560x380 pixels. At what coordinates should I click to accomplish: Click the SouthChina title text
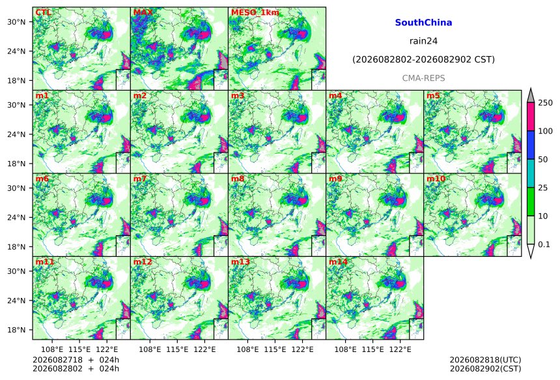point(423,23)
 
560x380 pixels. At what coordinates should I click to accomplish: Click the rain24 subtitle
point(423,41)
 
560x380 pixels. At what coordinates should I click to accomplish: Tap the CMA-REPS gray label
point(423,78)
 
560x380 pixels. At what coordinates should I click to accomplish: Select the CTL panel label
point(43,12)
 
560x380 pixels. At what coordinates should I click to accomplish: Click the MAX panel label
point(143,12)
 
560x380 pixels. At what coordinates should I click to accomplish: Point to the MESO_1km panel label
point(255,12)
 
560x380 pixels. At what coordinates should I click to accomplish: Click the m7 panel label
point(140,179)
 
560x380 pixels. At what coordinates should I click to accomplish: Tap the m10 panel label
point(436,179)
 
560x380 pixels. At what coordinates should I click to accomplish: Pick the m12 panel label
point(143,261)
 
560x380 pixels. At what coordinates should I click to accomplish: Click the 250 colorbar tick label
point(546,103)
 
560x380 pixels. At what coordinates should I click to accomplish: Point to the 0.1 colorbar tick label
point(544,244)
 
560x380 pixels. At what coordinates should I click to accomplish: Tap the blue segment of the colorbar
point(531,145)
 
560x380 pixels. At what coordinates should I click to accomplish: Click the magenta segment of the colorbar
point(531,117)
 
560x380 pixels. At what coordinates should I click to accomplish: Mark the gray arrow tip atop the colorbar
point(531,88)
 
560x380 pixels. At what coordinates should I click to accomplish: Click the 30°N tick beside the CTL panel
point(16,22)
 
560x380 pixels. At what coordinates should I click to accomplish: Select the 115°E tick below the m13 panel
point(275,349)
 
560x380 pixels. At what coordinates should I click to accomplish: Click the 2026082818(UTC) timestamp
point(485,360)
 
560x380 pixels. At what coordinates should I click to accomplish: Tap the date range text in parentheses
point(423,60)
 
